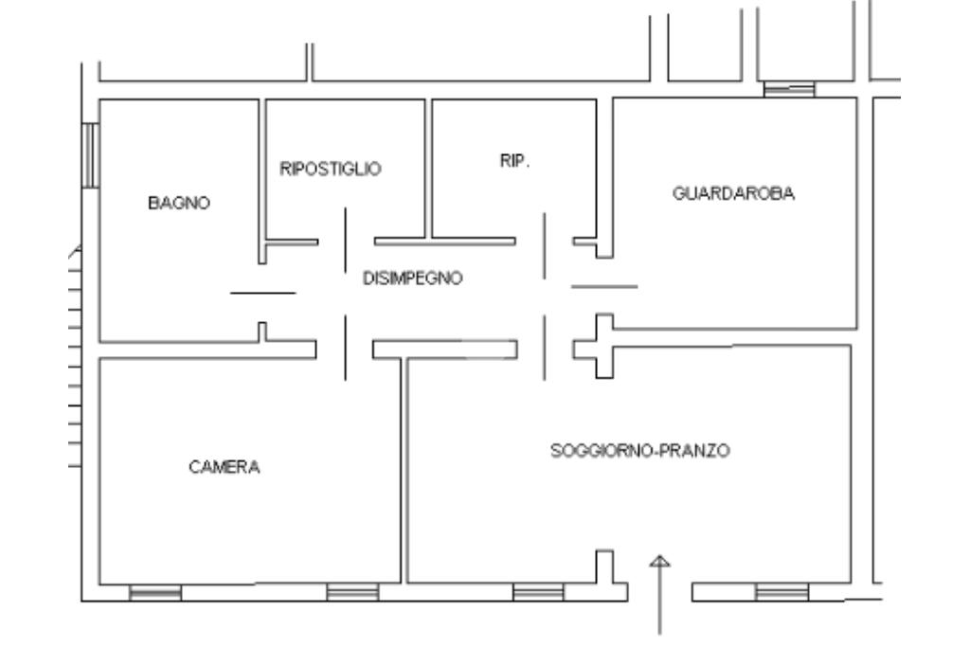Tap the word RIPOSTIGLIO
331,169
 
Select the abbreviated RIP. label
515,161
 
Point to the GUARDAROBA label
733,193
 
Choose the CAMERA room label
224,466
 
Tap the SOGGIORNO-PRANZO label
640,451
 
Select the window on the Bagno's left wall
91,154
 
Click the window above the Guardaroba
789,90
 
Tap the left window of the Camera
155,593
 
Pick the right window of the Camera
352,593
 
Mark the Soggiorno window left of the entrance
538,593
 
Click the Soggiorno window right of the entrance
781,593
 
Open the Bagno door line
263,294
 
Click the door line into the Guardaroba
604,286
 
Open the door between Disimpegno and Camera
345,349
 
